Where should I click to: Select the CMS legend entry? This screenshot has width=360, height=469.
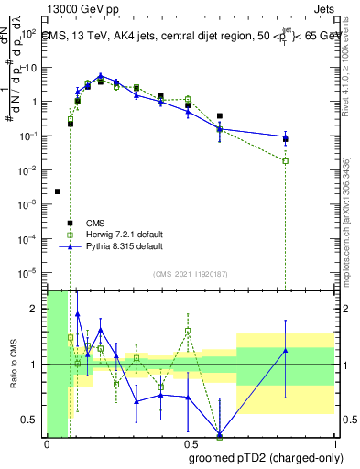click(x=95, y=223)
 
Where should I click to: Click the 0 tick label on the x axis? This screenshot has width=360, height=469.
click(x=47, y=444)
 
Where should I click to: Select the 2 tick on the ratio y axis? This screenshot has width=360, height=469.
click(x=38, y=309)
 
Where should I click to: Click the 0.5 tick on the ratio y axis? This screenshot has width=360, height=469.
click(x=35, y=420)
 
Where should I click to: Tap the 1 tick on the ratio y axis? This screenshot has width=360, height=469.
click(x=38, y=365)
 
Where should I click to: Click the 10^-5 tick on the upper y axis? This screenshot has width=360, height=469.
click(x=32, y=272)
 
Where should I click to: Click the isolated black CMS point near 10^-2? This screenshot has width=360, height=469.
click(x=58, y=191)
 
